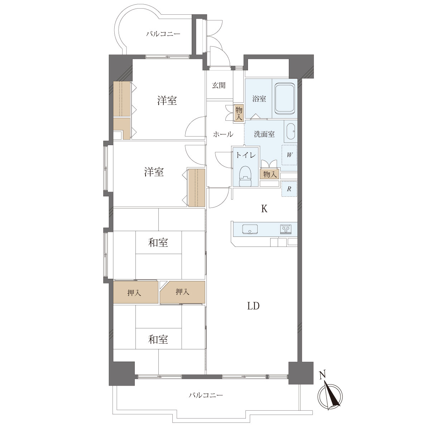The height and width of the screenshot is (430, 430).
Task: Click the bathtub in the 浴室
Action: coord(285,98)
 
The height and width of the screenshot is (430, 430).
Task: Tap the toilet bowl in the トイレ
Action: coord(245,176)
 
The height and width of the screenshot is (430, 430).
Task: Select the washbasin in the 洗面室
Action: coord(291,131)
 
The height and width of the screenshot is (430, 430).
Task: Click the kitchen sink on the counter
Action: coord(250,229)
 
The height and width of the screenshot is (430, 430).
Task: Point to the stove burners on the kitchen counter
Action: coord(286,229)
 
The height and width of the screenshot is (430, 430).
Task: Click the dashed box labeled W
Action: coord(289,155)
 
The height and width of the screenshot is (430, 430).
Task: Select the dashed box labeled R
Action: coord(289,189)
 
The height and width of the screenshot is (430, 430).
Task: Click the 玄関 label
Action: coord(219,85)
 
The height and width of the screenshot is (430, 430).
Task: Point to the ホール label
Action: coord(223,134)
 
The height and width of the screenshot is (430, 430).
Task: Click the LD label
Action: coord(253,306)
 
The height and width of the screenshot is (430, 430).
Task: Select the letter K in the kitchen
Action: coord(264,209)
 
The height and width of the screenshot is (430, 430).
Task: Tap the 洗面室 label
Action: coord(264,134)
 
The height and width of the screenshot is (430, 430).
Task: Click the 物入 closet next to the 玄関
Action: coord(239,114)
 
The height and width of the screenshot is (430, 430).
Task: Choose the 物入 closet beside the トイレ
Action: coord(269,174)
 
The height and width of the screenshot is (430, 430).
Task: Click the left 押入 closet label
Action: coord(134,293)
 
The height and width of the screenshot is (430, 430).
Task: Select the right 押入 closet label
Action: coord(182,291)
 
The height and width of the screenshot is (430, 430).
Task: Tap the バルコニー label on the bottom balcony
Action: coord(206,395)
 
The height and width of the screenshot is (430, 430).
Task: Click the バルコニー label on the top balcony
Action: coord(163,34)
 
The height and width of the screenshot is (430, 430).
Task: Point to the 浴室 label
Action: coord(259,99)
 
